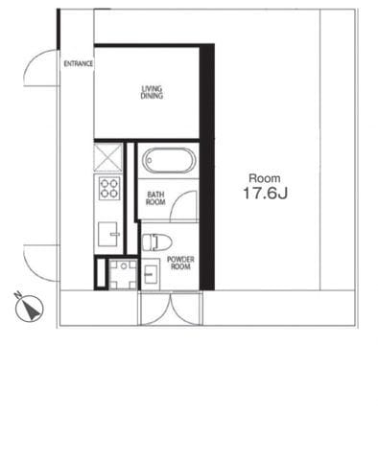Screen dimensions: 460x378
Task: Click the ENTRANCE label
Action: [78, 64]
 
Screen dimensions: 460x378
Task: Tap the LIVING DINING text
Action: [152, 92]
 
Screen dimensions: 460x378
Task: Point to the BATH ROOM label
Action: [155, 198]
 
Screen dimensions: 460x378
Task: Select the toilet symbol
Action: [156, 241]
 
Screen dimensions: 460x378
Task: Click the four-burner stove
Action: [109, 188]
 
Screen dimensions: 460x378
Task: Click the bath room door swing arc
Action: [187, 205]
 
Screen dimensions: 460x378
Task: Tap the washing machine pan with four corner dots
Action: [122, 273]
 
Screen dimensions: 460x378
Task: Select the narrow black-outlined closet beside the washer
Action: [101, 274]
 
